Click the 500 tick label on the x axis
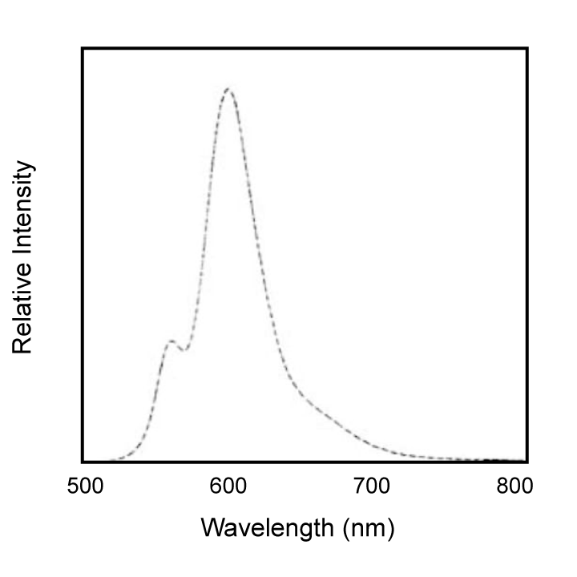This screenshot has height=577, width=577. (x=86, y=486)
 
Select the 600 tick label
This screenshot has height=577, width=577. (x=228, y=486)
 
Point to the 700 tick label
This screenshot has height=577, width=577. (x=372, y=486)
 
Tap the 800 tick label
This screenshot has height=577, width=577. (x=514, y=486)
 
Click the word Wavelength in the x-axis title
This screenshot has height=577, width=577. (x=267, y=529)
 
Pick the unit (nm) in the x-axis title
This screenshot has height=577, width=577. (x=369, y=529)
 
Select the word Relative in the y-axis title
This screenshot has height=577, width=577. (x=22, y=308)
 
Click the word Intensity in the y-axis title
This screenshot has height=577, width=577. (x=22, y=208)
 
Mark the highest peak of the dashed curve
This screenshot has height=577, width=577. (x=228, y=89)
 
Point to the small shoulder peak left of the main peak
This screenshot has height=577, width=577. (x=171, y=341)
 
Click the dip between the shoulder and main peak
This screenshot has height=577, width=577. (x=185, y=349)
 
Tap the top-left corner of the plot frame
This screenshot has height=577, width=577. (x=83, y=49)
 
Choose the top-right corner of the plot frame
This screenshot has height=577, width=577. (x=527, y=49)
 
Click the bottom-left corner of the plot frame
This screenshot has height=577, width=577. (x=83, y=462)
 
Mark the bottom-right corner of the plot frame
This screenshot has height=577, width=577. (x=527, y=462)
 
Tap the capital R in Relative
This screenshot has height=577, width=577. (x=22, y=345)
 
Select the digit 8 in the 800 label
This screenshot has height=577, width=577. (x=502, y=486)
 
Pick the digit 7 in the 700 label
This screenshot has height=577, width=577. (x=359, y=486)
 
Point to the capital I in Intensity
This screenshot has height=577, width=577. (x=22, y=255)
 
